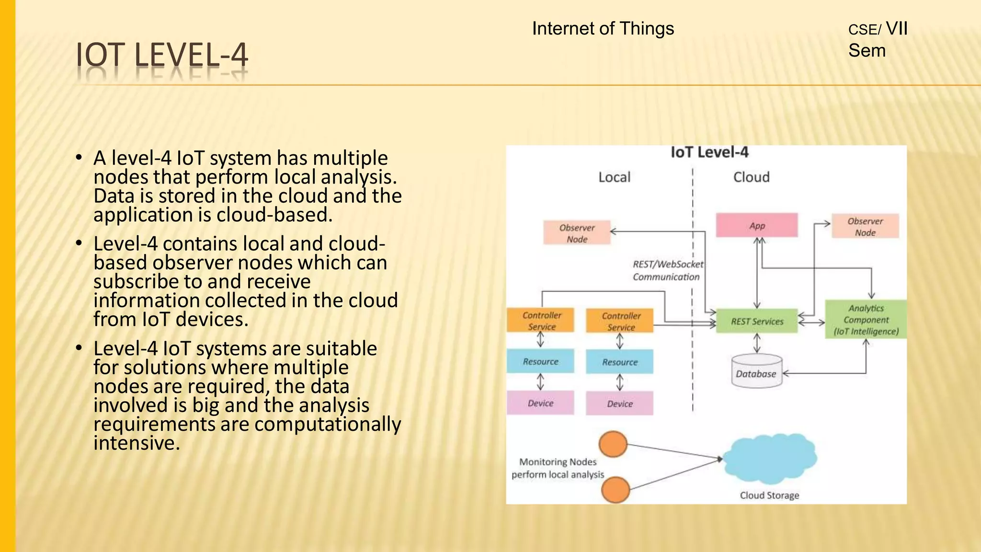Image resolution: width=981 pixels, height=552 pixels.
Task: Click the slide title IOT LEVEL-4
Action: tap(162, 55)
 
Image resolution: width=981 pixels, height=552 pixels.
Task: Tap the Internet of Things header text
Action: tap(603, 29)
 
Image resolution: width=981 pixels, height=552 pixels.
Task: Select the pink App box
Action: tap(756, 225)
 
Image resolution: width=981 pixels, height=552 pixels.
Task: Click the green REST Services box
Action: tap(756, 321)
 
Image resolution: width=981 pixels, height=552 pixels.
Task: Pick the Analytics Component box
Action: tap(866, 320)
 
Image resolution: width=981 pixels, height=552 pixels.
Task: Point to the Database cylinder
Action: tap(756, 371)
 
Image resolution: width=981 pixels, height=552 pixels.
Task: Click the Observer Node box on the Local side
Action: tap(577, 233)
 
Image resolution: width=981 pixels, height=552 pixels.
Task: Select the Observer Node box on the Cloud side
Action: tap(865, 227)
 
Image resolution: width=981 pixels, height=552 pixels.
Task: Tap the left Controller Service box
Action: tap(541, 321)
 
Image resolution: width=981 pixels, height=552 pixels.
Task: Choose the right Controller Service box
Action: tap(620, 321)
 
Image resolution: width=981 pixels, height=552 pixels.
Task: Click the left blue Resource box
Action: tap(540, 361)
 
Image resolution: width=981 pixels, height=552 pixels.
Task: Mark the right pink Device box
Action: tap(619, 403)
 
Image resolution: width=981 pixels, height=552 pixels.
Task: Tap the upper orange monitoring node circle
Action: tap(613, 444)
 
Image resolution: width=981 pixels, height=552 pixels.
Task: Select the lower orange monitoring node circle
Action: tap(615, 489)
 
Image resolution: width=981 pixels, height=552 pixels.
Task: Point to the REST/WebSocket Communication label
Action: tap(667, 270)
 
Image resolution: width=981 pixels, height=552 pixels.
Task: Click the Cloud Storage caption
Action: tap(769, 495)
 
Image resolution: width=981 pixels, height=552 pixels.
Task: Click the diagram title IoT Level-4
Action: tap(709, 152)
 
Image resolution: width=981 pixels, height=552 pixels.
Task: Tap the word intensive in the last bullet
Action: tap(137, 443)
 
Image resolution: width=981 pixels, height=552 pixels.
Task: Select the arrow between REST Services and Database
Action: tap(757, 343)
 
